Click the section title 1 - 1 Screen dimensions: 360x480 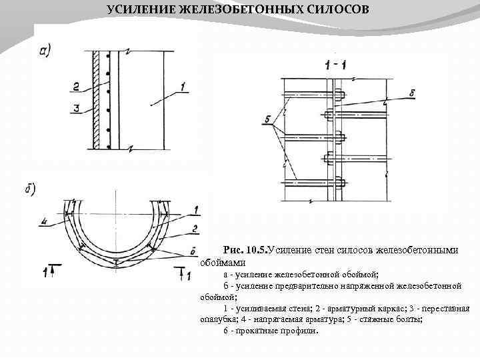coord(335,65)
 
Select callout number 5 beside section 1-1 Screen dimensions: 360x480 coord(267,119)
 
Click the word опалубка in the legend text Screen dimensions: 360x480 coord(217,319)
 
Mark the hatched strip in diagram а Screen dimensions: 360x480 coord(97,100)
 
